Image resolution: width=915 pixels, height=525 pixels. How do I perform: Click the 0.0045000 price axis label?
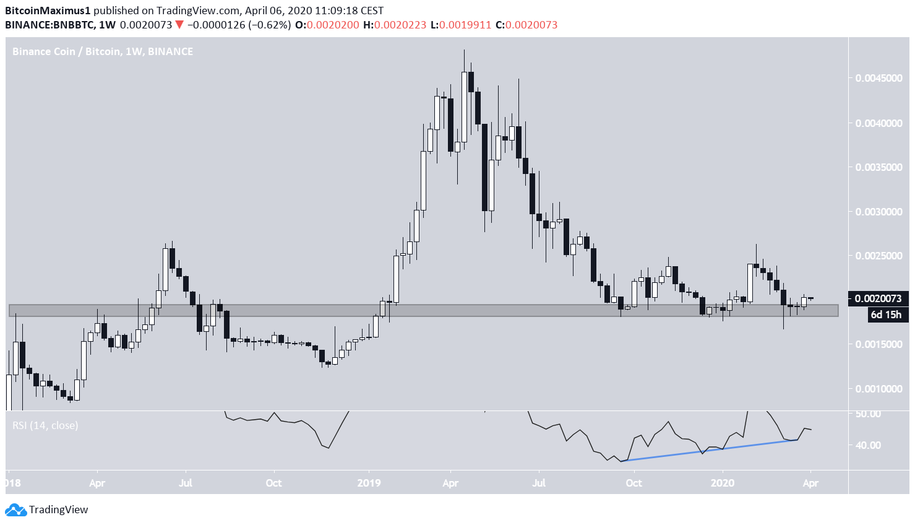pyautogui.click(x=878, y=78)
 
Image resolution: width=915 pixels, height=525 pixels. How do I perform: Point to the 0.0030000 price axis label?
pyautogui.click(x=878, y=212)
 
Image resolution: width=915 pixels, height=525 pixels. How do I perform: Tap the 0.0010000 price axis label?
pyautogui.click(x=878, y=389)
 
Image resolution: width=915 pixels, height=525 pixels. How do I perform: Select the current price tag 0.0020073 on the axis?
pyautogui.click(x=878, y=298)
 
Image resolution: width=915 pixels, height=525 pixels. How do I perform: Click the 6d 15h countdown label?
pyautogui.click(x=886, y=315)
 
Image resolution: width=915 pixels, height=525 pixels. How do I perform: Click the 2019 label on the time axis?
pyautogui.click(x=369, y=483)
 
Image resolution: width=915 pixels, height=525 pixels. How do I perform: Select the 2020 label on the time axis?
pyautogui.click(x=723, y=483)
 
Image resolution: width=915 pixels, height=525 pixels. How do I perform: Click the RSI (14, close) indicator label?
pyautogui.click(x=46, y=425)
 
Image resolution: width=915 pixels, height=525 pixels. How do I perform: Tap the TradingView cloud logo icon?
pyautogui.click(x=15, y=510)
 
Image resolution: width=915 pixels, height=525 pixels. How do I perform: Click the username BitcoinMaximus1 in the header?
pyautogui.click(x=48, y=11)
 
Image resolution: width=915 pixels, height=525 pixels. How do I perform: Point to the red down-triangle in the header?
pyautogui.click(x=179, y=25)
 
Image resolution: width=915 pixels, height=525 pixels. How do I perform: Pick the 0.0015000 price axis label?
pyautogui.click(x=878, y=344)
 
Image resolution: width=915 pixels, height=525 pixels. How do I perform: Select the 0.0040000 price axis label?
pyautogui.click(x=878, y=123)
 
